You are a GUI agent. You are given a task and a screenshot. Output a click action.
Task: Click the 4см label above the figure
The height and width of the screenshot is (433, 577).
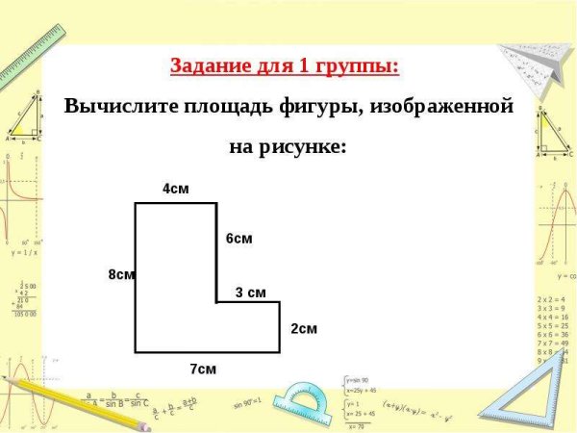[175, 189]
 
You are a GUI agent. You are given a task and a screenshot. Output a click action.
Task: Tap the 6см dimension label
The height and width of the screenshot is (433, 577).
[239, 238]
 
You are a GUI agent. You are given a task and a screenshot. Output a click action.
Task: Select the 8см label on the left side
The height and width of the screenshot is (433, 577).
[121, 274]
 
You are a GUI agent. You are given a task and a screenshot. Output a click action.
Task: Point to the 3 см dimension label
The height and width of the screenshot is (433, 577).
[250, 293]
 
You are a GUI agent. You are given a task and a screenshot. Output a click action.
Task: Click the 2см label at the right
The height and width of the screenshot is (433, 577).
[304, 328]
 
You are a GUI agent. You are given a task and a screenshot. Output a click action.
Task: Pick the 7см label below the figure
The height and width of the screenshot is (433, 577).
[203, 369]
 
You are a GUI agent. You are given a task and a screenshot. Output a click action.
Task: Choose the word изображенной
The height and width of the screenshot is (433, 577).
[450, 105]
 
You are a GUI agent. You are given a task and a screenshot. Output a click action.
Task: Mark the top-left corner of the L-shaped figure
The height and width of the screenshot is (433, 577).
[136, 203]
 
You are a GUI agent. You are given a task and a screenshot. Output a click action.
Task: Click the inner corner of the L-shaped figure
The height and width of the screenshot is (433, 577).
[216, 302]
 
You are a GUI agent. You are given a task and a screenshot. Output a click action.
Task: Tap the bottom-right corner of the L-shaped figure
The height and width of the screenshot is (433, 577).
[280, 352]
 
